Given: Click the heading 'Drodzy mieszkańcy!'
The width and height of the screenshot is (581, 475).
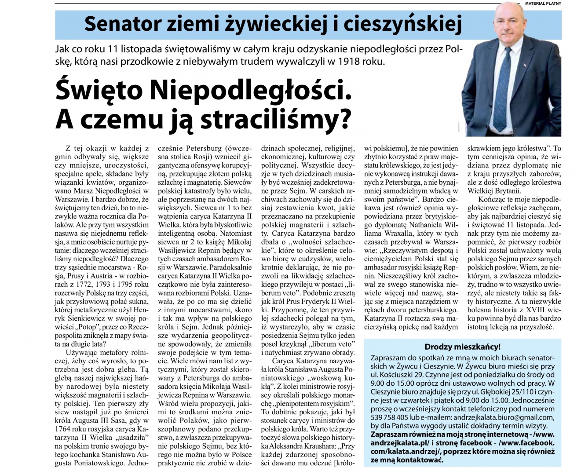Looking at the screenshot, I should coord(462,347).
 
